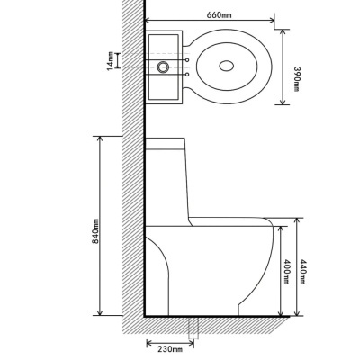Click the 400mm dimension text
point(287,271)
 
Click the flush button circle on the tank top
point(164,66)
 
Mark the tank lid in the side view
point(166,142)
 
